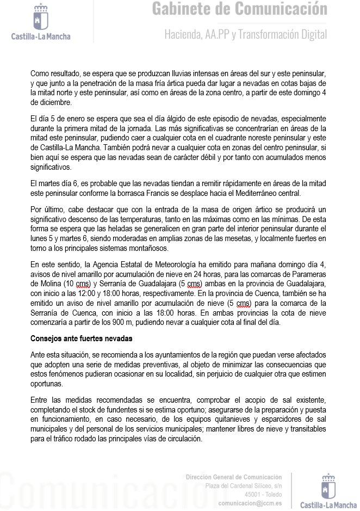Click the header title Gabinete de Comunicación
point(239,9)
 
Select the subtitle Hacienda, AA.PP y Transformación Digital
point(246,34)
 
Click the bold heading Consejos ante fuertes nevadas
point(81,338)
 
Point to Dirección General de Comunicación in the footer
point(234,477)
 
